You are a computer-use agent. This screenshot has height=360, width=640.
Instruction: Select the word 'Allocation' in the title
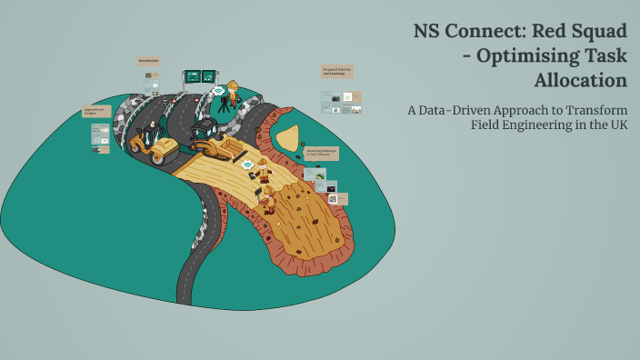[x=581, y=80]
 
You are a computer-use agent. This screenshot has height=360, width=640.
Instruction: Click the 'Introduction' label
[x=149, y=61]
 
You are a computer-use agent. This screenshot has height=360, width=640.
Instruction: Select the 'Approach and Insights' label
[x=96, y=111]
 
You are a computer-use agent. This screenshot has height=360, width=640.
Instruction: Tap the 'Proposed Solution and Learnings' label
[x=337, y=70]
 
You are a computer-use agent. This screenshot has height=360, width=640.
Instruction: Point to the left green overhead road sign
[x=193, y=76]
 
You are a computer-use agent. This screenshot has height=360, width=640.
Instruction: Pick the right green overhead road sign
[x=208, y=76]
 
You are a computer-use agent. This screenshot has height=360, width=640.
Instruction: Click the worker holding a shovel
[x=268, y=200]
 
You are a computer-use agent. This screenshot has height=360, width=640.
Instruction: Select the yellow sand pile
[x=288, y=139]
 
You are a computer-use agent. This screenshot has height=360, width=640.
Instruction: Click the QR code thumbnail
[x=333, y=198]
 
